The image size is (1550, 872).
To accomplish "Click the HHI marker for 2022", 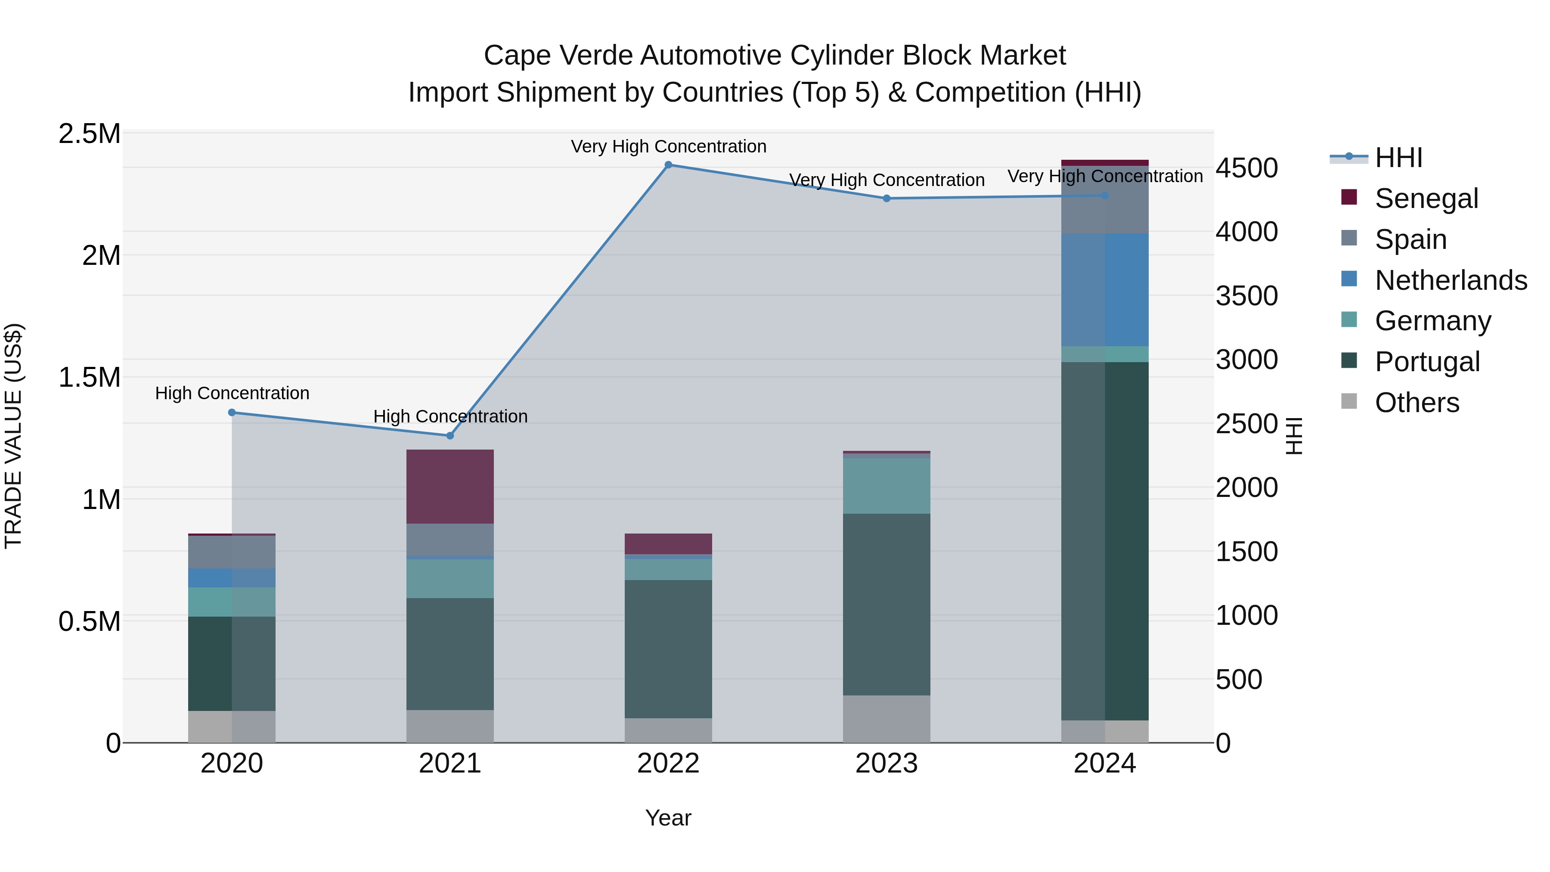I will pyautogui.click(x=668, y=165).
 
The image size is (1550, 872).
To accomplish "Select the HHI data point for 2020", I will pyautogui.click(x=232, y=412).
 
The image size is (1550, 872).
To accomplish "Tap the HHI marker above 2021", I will pyautogui.click(x=450, y=436).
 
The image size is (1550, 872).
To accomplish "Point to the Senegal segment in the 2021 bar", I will pyautogui.click(x=450, y=486).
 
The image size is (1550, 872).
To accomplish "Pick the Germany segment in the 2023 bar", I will pyautogui.click(x=887, y=486).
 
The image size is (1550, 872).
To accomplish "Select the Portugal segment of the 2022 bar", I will pyautogui.click(x=668, y=649).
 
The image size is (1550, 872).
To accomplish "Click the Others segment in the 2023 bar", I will pyautogui.click(x=887, y=719).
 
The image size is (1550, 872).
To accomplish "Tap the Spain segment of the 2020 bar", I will pyautogui.click(x=232, y=552).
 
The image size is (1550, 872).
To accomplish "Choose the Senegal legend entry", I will pyautogui.click(x=1426, y=199).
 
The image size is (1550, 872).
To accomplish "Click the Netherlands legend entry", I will pyautogui.click(x=1450, y=280).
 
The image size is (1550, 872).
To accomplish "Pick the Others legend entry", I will pyautogui.click(x=1417, y=403).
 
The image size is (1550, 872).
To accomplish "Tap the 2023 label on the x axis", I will pyautogui.click(x=887, y=763).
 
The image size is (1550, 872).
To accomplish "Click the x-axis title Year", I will pyautogui.click(x=668, y=818).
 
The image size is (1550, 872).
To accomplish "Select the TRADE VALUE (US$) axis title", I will pyautogui.click(x=13, y=436).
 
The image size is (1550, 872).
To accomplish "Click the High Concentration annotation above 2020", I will pyautogui.click(x=232, y=393).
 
